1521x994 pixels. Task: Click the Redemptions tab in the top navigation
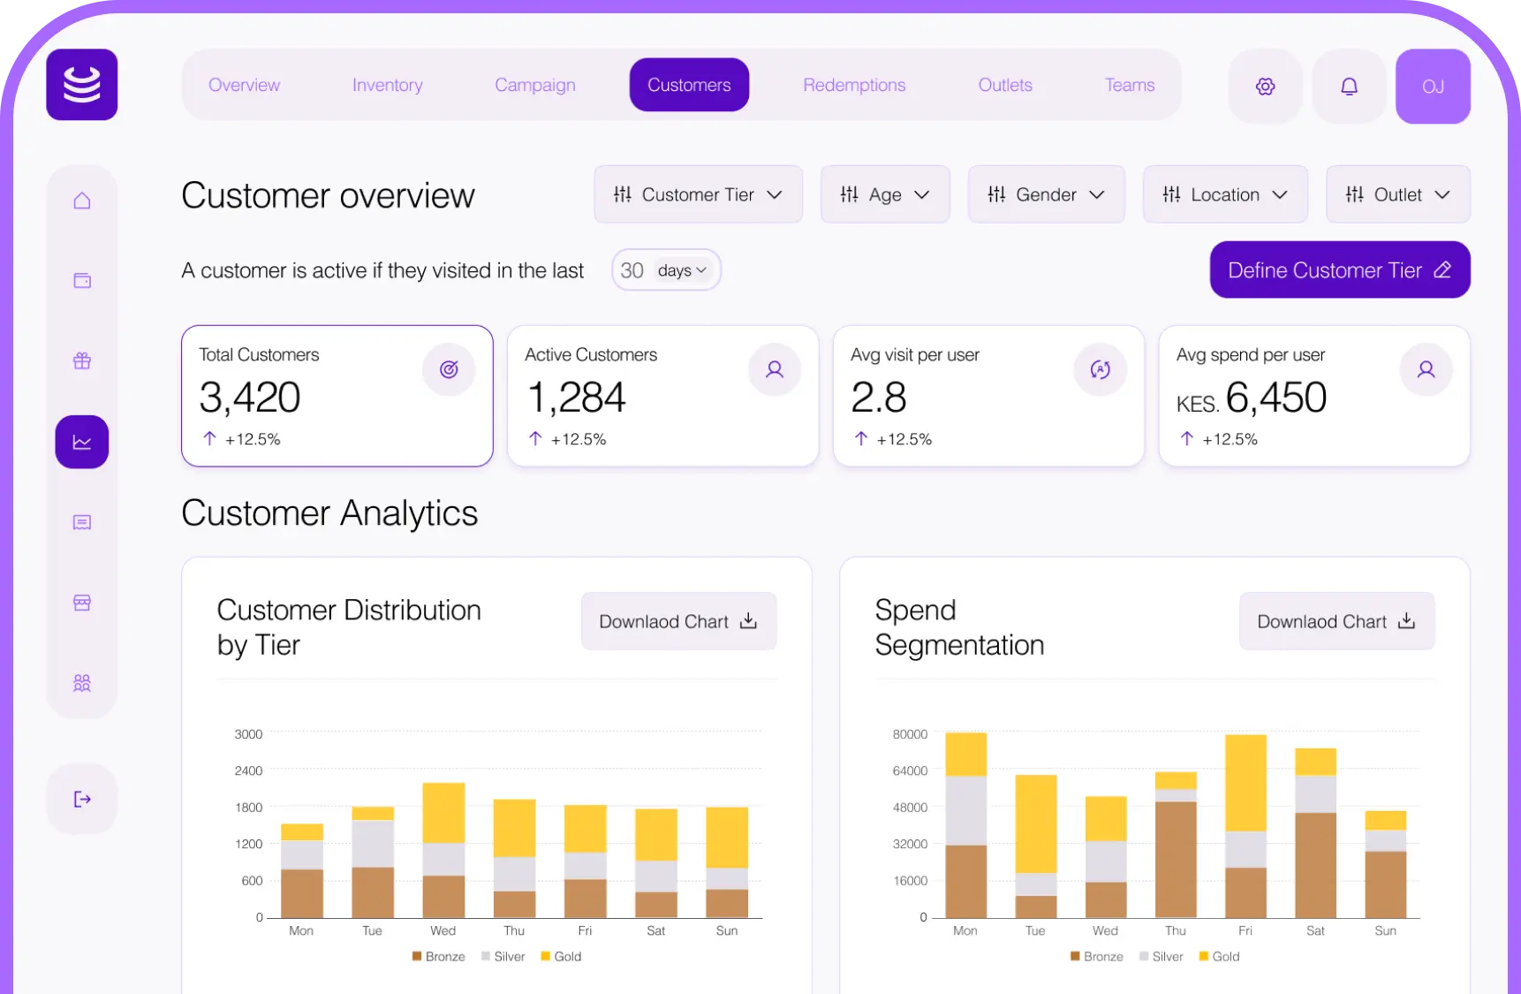(853, 85)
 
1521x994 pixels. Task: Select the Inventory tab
(387, 85)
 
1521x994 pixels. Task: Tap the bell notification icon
(1349, 87)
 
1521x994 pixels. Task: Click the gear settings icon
(1265, 87)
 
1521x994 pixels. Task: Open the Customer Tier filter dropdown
(698, 194)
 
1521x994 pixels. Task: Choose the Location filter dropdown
(1224, 194)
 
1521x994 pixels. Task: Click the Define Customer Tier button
(1339, 270)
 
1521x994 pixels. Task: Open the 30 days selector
(666, 270)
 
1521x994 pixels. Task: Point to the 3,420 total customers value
(250, 398)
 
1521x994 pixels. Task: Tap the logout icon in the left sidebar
(82, 800)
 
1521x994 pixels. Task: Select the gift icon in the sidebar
(82, 360)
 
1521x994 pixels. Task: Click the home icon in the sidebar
(82, 201)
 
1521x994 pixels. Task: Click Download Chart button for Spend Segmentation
(1336, 621)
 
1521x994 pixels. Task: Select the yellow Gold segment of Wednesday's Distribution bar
(443, 813)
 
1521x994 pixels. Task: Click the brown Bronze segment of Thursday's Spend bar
(1175, 859)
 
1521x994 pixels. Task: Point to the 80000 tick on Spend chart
(910, 734)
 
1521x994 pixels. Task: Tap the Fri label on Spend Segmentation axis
(1245, 931)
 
